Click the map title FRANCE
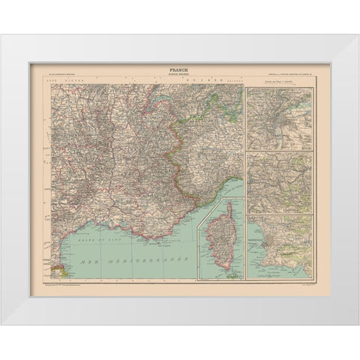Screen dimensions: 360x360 180,68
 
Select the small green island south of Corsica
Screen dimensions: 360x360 233,275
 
